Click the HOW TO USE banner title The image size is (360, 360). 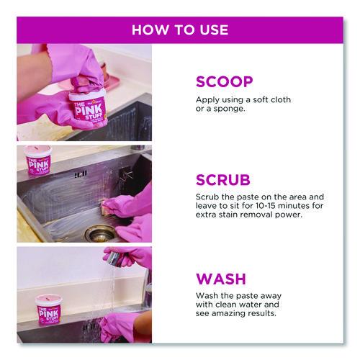point(180,30)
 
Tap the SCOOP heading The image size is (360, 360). point(225,82)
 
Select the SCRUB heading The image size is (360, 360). point(223,180)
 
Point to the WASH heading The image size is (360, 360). point(221,279)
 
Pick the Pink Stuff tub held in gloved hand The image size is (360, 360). point(88,106)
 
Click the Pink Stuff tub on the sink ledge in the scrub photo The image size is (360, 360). point(38,160)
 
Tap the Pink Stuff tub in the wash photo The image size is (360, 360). point(48,309)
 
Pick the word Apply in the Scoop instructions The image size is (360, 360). point(207,100)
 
